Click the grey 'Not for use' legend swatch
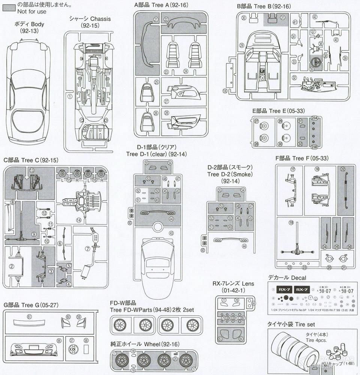tap(8, 5)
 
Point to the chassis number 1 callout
tap(70, 96)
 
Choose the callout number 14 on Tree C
tap(79, 220)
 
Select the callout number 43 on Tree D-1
tap(171, 233)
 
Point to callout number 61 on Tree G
tap(29, 316)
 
